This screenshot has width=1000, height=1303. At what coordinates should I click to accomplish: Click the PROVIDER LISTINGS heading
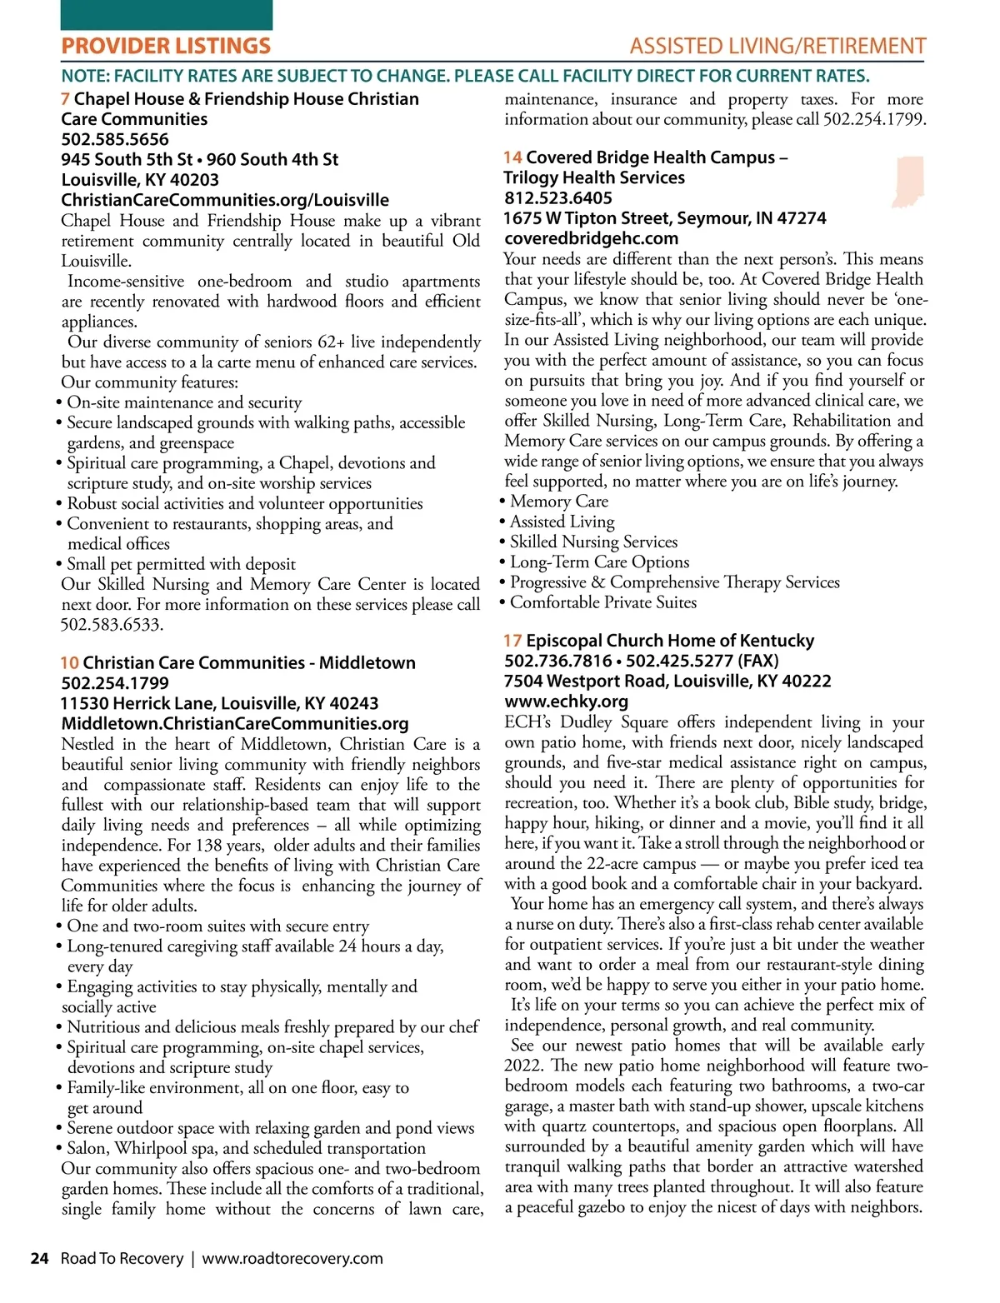click(166, 46)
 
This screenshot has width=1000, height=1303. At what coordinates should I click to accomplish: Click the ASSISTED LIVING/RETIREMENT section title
click(777, 46)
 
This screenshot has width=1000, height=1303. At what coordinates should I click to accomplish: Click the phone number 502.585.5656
click(115, 139)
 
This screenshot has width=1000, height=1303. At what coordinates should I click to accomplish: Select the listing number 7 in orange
click(65, 99)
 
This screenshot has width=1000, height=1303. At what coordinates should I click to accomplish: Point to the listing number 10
click(69, 663)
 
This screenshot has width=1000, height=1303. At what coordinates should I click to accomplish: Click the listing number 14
click(512, 157)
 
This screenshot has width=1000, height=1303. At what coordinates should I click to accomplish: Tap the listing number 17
click(512, 641)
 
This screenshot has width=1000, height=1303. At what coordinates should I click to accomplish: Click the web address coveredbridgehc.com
click(591, 238)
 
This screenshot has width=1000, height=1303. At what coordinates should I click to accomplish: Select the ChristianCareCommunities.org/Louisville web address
click(225, 200)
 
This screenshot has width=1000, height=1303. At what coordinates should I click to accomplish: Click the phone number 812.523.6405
click(558, 198)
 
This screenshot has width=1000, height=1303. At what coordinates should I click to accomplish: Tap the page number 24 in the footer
click(39, 1258)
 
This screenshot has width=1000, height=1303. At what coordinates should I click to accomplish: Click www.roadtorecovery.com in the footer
click(292, 1258)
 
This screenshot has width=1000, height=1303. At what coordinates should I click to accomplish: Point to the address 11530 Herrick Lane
click(220, 703)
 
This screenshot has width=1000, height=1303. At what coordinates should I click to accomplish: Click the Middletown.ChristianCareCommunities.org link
click(235, 723)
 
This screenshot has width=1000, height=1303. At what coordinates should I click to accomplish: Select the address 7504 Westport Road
click(667, 681)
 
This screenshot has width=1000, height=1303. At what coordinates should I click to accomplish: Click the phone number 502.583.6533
click(112, 624)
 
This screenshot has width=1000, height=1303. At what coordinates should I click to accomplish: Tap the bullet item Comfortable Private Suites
click(602, 602)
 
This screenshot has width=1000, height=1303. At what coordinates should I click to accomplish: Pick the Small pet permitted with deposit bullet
click(181, 564)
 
